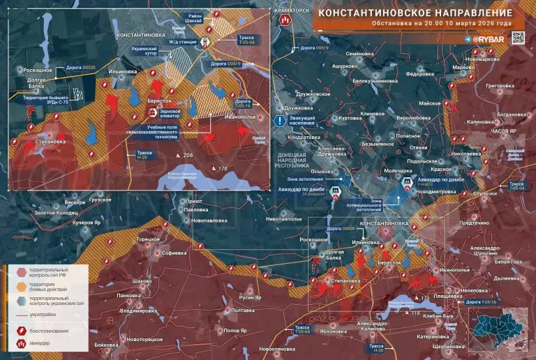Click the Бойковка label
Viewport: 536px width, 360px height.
click(x=107, y=345)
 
